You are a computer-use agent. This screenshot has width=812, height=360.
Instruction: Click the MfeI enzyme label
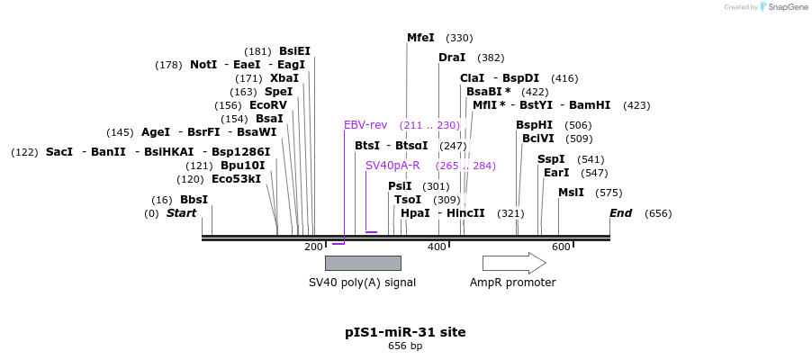point(420,38)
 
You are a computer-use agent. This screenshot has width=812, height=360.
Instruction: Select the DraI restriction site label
point(452,58)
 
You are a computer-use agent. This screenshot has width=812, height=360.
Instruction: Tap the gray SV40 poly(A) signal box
point(363,263)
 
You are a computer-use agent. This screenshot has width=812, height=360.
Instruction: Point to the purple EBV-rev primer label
point(365,125)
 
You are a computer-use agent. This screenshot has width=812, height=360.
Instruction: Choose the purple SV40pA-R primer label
point(392,166)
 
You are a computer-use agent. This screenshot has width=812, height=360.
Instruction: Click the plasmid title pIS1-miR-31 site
point(405,332)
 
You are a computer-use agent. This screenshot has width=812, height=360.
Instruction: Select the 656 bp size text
point(405,346)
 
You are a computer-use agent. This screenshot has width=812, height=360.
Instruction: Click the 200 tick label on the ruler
point(313,247)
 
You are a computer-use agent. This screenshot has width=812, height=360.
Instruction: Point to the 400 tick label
point(437,247)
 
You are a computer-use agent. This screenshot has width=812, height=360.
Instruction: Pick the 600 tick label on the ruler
point(561,247)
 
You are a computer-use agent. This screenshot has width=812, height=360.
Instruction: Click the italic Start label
point(181,213)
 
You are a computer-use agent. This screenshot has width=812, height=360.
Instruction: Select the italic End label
point(620,213)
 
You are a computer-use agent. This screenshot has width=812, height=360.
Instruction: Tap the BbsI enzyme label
point(194,200)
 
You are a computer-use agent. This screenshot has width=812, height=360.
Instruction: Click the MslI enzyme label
point(571,193)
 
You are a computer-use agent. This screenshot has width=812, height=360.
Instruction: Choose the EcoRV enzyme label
point(268,105)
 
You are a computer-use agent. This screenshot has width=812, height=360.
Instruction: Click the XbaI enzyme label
point(284,78)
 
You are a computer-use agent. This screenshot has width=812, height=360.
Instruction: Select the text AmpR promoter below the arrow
point(512,283)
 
